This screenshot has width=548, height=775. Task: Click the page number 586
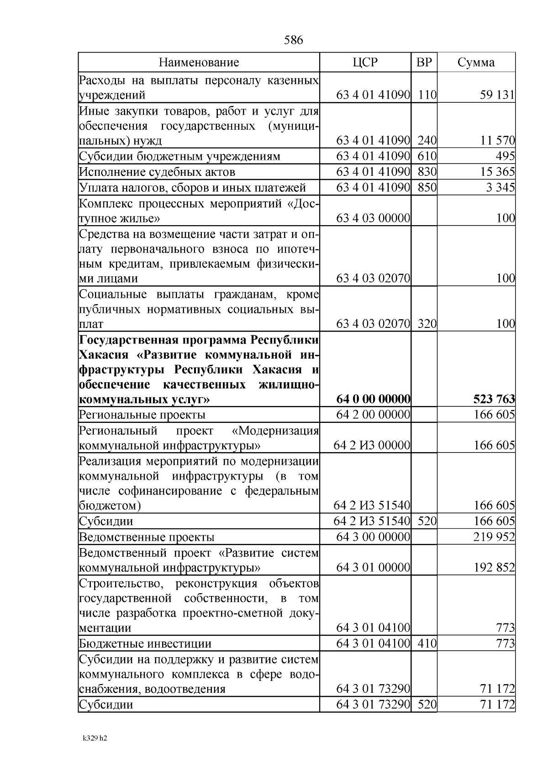pyautogui.click(x=293, y=40)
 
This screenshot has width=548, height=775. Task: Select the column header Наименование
pyautogui.click(x=199, y=62)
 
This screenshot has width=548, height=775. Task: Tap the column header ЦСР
pyautogui.click(x=365, y=62)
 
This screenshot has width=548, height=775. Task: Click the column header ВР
pyautogui.click(x=424, y=62)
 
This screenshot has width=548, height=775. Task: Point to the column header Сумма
pyautogui.click(x=476, y=62)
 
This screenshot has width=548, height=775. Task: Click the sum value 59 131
pyautogui.click(x=497, y=95)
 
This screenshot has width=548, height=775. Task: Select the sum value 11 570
pyautogui.click(x=497, y=141)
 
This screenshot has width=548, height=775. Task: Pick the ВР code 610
pyautogui.click(x=427, y=156)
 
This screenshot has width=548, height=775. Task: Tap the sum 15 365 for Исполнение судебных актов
pyautogui.click(x=497, y=172)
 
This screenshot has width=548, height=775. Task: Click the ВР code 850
pyautogui.click(x=427, y=188)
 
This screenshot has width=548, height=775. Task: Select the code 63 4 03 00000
pyautogui.click(x=373, y=218)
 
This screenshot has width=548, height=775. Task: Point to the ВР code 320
pyautogui.click(x=427, y=324)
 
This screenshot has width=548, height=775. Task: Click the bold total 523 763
pyautogui.click(x=494, y=400)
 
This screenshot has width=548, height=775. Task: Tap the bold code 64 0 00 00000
pyautogui.click(x=373, y=400)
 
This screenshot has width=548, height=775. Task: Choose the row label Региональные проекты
pyautogui.click(x=142, y=415)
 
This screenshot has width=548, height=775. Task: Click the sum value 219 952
pyautogui.click(x=494, y=537)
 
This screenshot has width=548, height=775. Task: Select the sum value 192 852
pyautogui.click(x=494, y=568)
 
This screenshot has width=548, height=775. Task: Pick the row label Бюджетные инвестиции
pyautogui.click(x=145, y=644)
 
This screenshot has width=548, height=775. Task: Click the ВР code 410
pyautogui.click(x=427, y=644)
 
